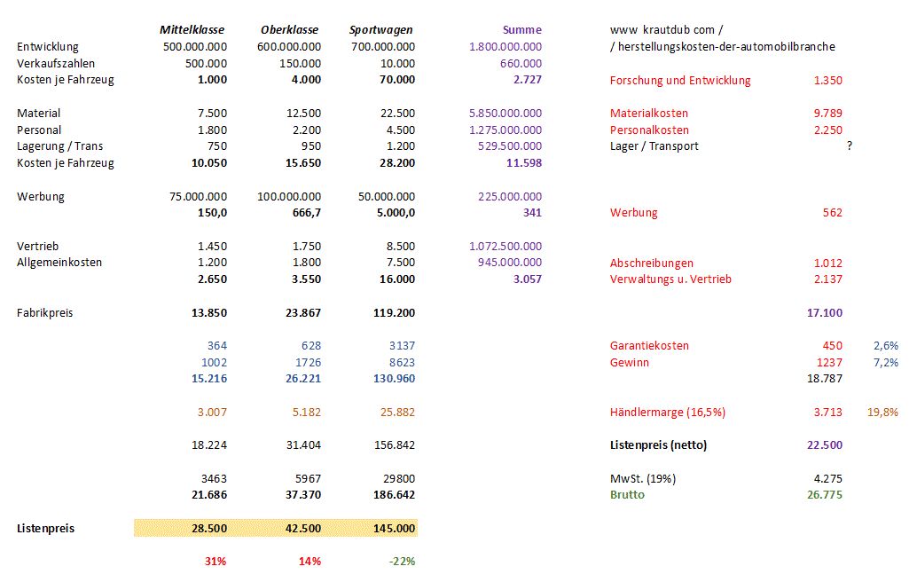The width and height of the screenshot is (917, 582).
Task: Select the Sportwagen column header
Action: [381, 29]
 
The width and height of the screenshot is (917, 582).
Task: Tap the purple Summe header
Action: [521, 29]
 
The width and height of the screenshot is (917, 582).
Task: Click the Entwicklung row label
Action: [48, 46]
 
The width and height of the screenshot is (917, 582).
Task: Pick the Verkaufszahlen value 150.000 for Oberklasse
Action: [296, 63]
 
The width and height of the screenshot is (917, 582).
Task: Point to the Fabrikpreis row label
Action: [45, 312]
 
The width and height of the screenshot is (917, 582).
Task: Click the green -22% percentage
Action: [401, 561]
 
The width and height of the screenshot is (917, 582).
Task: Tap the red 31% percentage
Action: [216, 561]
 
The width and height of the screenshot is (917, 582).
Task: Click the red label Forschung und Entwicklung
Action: [680, 80]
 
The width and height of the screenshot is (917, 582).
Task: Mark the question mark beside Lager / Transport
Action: [849, 145]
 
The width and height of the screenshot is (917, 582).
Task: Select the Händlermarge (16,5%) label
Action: [673, 412]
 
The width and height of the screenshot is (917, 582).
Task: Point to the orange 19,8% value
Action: [884, 412]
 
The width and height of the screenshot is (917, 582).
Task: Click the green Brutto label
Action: [627, 494]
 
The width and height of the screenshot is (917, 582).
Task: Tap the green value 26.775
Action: [825, 494]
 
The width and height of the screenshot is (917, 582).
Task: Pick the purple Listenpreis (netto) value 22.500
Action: [825, 444]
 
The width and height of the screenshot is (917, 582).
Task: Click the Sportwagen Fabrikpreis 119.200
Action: [390, 312]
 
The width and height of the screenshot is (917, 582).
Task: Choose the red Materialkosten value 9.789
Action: [827, 113]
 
